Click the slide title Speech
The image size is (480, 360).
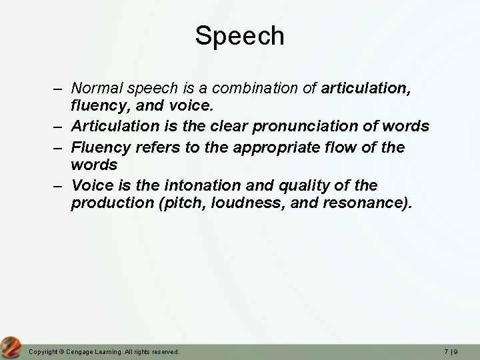coord(239,36)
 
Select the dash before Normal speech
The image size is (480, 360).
coord(59,88)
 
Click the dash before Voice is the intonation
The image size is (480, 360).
coord(59,185)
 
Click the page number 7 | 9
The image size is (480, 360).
coord(459,351)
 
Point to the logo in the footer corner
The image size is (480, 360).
coord(11,346)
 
